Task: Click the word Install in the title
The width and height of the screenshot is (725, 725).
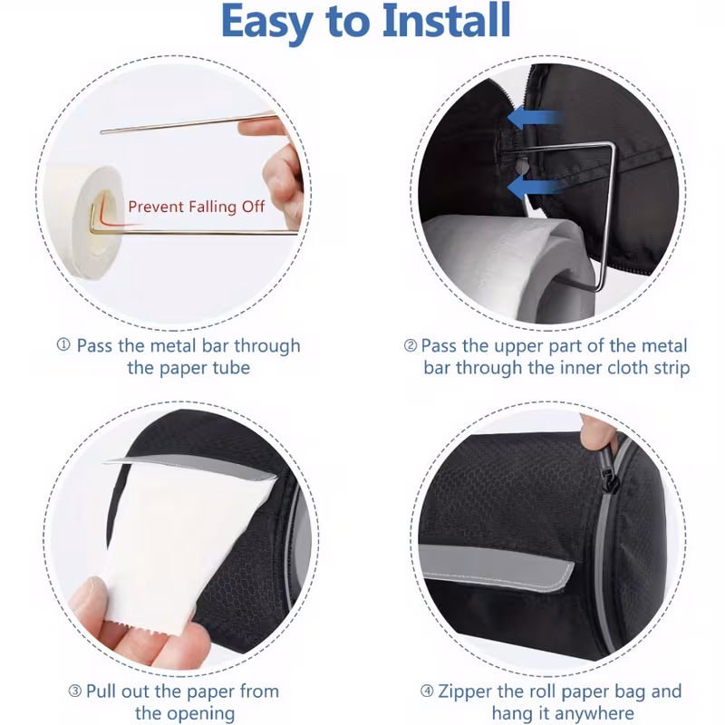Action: click(446, 21)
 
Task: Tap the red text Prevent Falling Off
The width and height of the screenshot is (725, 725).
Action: click(197, 207)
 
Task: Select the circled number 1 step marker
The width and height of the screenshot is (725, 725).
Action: click(63, 344)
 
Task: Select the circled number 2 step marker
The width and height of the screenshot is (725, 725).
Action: click(411, 345)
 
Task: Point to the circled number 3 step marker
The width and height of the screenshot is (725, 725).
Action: click(75, 691)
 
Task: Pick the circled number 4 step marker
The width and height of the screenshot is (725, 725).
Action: click(427, 691)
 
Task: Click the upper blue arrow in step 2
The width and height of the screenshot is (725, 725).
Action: click(536, 117)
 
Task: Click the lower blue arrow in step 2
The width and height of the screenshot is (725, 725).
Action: click(536, 187)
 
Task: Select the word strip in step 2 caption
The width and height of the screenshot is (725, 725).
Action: click(672, 368)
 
